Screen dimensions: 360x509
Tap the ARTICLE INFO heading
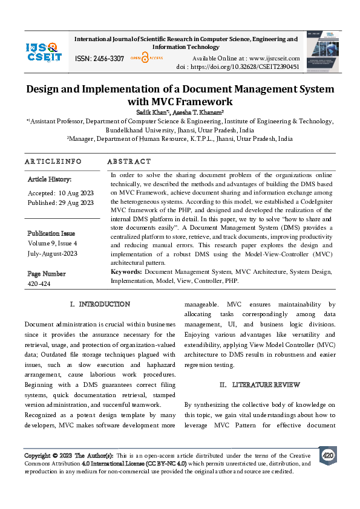tap(53, 161)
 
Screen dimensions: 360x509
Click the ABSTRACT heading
tap(129, 161)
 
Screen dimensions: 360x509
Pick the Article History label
tap(50, 180)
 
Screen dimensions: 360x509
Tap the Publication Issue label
tap(51, 233)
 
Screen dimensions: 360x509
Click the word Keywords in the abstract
tap(126, 273)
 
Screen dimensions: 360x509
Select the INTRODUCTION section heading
tap(100, 304)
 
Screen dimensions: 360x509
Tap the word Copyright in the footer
tap(37, 455)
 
